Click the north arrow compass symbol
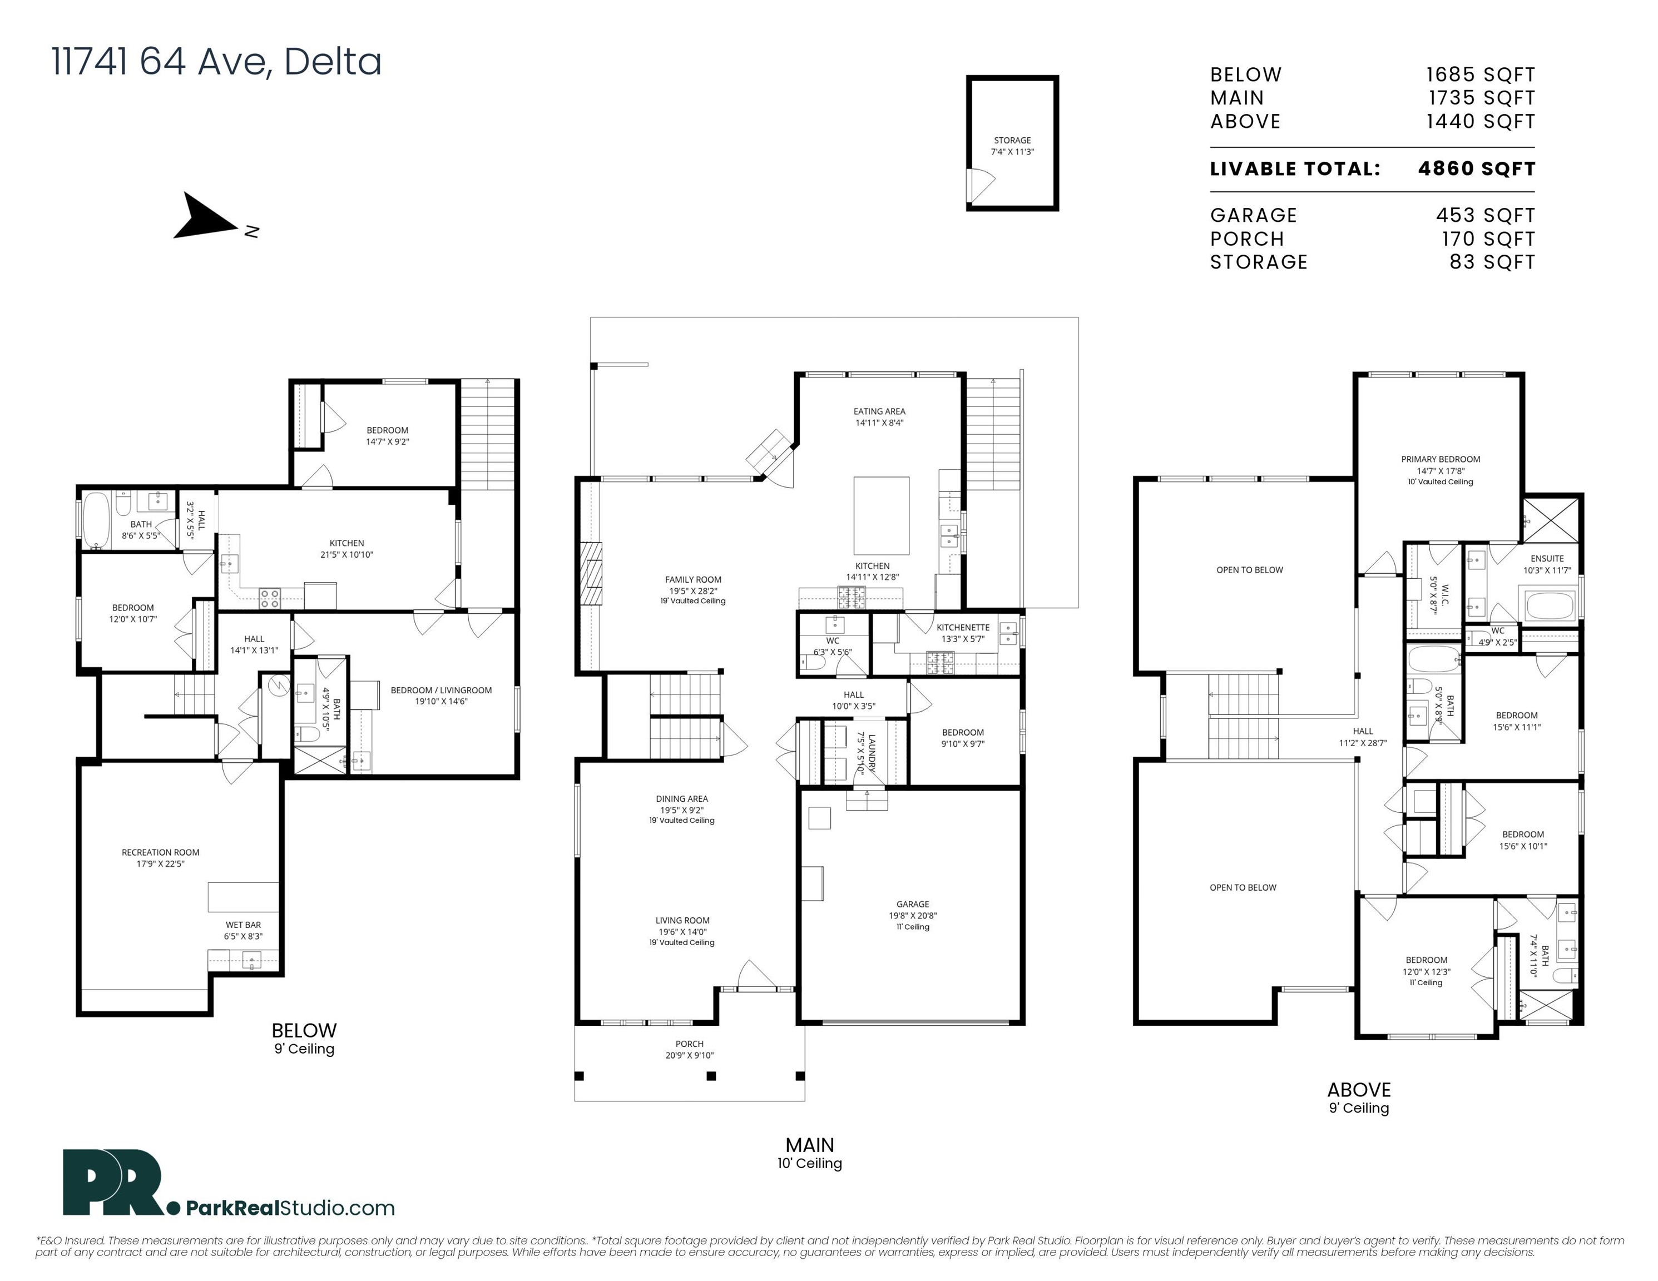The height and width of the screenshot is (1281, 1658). [x=209, y=219]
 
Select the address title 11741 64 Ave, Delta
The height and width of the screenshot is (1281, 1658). [x=216, y=62]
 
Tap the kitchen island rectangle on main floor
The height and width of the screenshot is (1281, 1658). [x=882, y=516]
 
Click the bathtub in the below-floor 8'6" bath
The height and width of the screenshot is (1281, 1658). [x=96, y=519]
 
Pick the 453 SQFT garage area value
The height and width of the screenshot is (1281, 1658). [x=1485, y=216]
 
